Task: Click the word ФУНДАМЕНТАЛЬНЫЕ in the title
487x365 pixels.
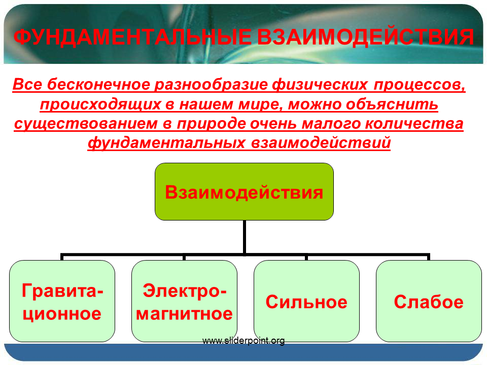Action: (132, 37)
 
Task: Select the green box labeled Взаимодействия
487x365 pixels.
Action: (244, 192)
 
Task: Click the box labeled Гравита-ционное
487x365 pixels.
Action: (62, 301)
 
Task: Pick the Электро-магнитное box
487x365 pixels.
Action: (184, 301)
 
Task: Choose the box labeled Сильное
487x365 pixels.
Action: (306, 301)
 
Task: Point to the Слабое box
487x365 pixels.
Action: (429, 301)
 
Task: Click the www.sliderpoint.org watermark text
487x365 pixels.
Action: (243, 341)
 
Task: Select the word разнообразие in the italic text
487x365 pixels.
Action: (211, 85)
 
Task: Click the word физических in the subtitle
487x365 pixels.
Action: (320, 85)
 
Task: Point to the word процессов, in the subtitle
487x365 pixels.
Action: (420, 85)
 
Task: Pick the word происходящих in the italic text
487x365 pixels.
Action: (100, 104)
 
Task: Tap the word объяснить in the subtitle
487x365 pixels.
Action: (392, 104)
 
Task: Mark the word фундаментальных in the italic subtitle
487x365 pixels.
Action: (166, 143)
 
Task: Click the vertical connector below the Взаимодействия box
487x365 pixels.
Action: (245, 237)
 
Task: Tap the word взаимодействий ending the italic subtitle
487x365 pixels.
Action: (321, 143)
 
